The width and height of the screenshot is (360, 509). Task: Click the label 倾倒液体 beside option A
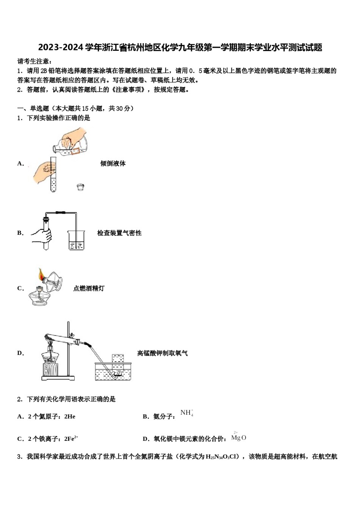[113, 164]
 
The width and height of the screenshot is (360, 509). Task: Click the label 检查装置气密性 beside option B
[119, 233]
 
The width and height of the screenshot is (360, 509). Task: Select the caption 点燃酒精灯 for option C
[89, 289]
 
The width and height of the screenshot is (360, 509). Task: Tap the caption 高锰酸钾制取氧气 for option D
[162, 353]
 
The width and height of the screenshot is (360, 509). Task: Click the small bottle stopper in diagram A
[80, 186]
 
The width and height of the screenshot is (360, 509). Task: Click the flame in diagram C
[41, 274]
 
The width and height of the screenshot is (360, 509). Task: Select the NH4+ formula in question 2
[187, 413]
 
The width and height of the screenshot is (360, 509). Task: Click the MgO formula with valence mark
[239, 437]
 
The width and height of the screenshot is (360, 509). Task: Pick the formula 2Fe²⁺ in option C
[71, 439]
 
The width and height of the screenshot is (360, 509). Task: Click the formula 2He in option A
[70, 417]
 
